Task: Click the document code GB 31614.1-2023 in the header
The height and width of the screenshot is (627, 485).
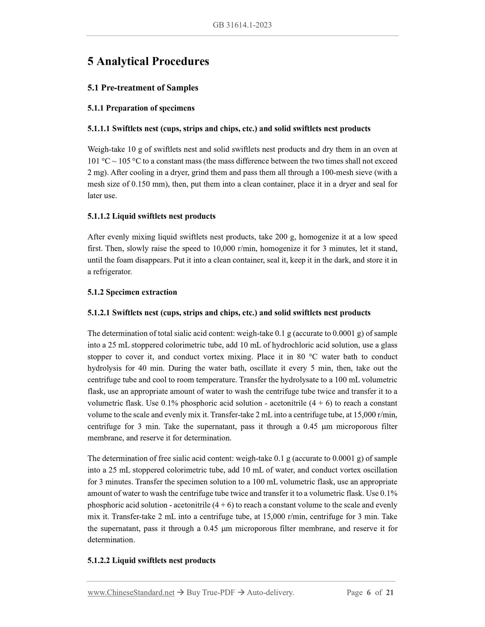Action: (242, 25)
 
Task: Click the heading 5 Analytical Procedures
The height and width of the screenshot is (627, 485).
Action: (148, 61)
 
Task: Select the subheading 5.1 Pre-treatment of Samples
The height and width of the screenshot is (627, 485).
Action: (143, 88)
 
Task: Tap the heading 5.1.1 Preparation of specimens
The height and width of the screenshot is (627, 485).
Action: (141, 108)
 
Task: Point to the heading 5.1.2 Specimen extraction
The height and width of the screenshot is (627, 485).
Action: (132, 292)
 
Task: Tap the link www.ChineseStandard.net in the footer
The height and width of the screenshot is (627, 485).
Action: (131, 592)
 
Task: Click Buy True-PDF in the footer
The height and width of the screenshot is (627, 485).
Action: (210, 592)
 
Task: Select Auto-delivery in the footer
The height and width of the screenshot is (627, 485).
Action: (270, 592)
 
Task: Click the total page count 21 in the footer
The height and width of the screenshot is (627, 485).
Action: (390, 592)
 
